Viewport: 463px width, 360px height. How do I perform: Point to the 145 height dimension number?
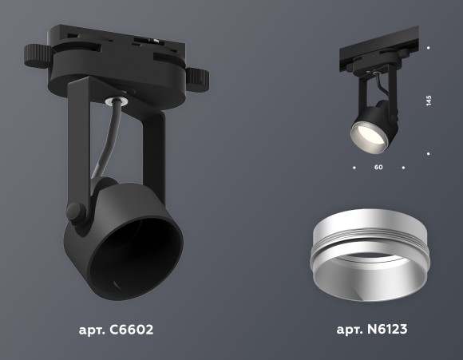pyautogui.click(x=429, y=101)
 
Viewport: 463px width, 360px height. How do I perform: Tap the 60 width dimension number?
pyautogui.click(x=378, y=168)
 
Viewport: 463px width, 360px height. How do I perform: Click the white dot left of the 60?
pyautogui.click(x=354, y=168)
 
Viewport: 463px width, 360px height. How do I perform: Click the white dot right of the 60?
pyautogui.click(x=404, y=168)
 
